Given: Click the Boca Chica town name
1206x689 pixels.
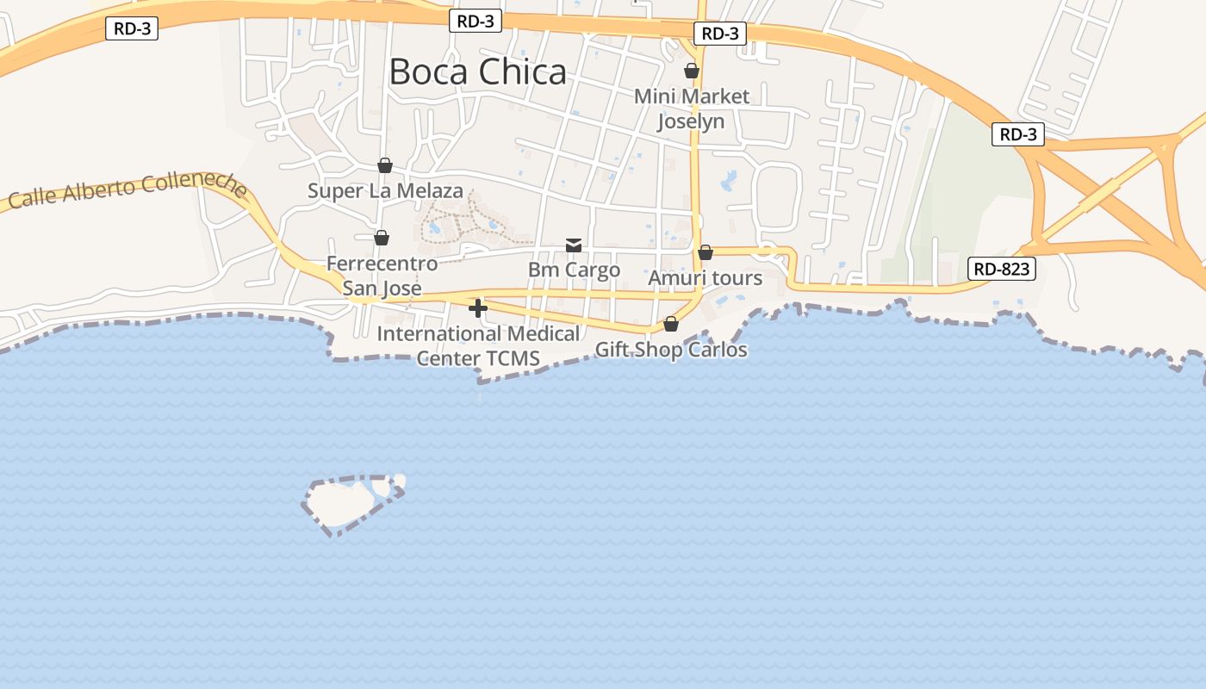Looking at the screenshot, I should point(478,71).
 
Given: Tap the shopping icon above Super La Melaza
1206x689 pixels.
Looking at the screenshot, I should point(385,164).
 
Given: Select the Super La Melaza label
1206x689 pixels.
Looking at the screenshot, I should point(385,190).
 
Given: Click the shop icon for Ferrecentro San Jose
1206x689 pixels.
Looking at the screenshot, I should point(382,237).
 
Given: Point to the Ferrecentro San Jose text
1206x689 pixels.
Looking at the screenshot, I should point(382,276).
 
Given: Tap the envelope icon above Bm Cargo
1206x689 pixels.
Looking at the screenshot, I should point(574,245).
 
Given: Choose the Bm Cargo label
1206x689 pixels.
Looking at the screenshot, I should point(574,270).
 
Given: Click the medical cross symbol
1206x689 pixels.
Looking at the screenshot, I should point(478,308).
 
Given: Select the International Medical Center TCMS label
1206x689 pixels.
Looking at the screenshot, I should point(478,345).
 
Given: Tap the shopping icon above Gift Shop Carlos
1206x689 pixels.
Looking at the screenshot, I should point(671,324).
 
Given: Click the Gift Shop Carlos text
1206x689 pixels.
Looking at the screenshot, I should point(671,350).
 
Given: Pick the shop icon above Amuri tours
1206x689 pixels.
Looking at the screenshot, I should point(706,252).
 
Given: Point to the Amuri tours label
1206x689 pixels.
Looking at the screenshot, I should point(706,278).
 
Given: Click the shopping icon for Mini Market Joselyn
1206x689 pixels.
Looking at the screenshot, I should point(692,71).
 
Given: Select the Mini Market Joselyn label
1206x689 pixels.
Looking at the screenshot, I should point(692,109).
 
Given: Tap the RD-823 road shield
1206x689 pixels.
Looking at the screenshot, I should point(1003,269).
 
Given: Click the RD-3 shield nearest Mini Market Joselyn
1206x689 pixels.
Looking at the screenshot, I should point(720,34).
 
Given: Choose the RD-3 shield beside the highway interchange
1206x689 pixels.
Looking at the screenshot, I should point(1018,134).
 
